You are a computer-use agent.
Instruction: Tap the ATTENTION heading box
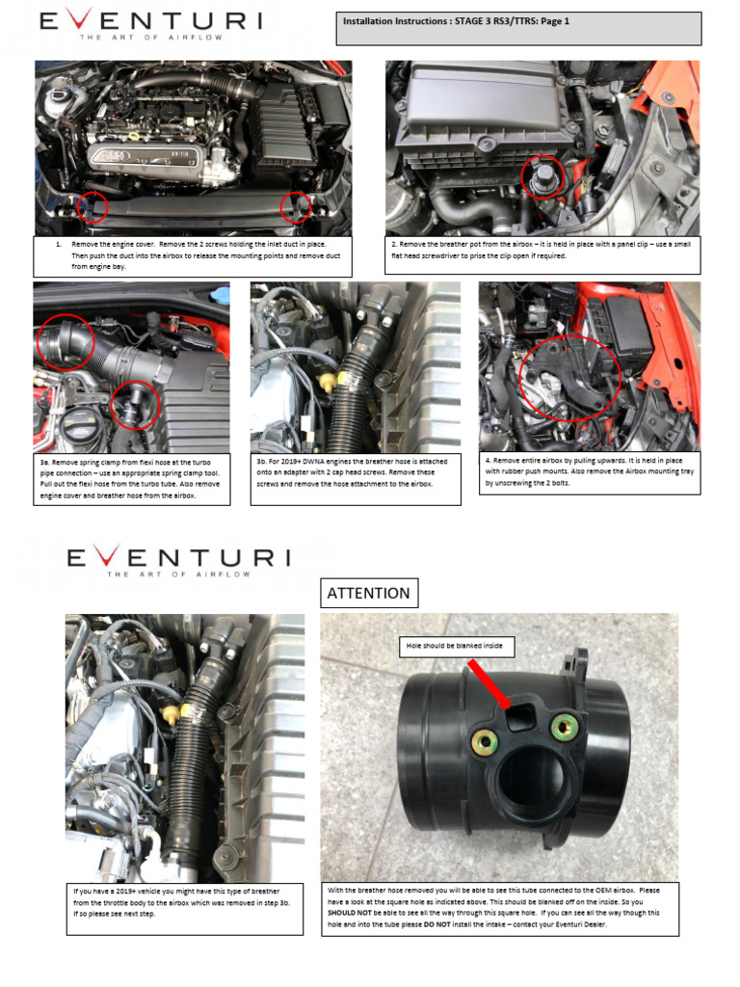pyautogui.click(x=369, y=593)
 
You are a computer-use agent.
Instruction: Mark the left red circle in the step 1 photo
pyautogui.click(x=92, y=205)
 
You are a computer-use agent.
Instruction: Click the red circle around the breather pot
pyautogui.click(x=542, y=176)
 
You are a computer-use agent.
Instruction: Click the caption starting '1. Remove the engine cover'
pyautogui.click(x=193, y=254)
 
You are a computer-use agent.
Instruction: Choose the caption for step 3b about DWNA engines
pyautogui.click(x=356, y=478)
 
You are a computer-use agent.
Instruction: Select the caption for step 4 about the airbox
pyautogui.click(x=591, y=471)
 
